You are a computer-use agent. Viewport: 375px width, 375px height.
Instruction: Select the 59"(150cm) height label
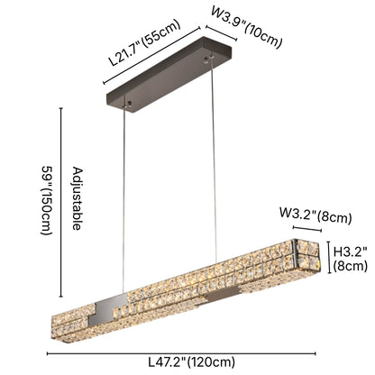[x=45, y=197]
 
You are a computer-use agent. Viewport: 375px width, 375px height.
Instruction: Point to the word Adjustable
[x=76, y=198]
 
